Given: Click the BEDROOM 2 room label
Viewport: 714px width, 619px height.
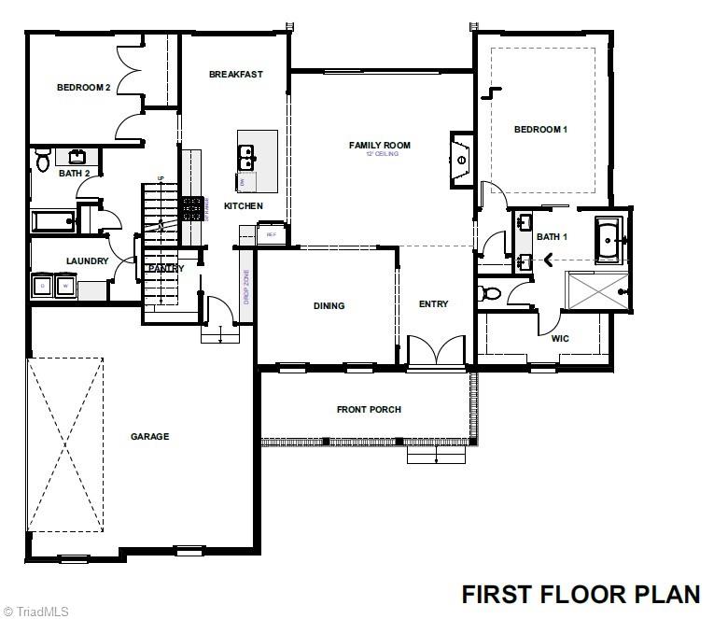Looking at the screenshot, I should point(83,88).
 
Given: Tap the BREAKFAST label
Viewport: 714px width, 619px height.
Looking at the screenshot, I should point(235,75).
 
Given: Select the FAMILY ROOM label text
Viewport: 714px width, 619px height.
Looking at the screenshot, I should point(379,145).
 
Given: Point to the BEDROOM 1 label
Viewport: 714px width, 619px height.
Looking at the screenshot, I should point(540,130).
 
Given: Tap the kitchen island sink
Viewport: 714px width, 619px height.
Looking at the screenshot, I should point(246,158).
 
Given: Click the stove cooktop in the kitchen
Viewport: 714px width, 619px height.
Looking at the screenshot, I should point(192,208).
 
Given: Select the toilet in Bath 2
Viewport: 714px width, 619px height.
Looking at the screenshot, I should point(42,162).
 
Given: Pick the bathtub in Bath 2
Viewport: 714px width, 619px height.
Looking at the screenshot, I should point(53,222).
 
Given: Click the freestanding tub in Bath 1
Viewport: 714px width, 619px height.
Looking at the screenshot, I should point(608,239).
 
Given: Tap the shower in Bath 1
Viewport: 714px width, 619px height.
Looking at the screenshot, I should point(598,290).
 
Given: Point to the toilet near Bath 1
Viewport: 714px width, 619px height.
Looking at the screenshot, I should point(489,294).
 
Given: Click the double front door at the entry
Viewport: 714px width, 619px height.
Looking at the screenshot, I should point(436,352).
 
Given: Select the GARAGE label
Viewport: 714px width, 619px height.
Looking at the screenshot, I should point(149,436).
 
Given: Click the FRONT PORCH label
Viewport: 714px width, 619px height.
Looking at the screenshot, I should point(365,410).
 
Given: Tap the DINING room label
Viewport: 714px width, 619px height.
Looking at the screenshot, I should point(329,305).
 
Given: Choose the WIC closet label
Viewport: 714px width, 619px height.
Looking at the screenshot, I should point(560,338).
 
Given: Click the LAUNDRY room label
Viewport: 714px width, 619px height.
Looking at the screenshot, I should point(87,261).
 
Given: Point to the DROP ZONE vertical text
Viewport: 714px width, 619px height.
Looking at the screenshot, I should point(245,288).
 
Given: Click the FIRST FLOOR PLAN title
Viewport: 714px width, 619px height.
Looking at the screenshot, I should point(581,594).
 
